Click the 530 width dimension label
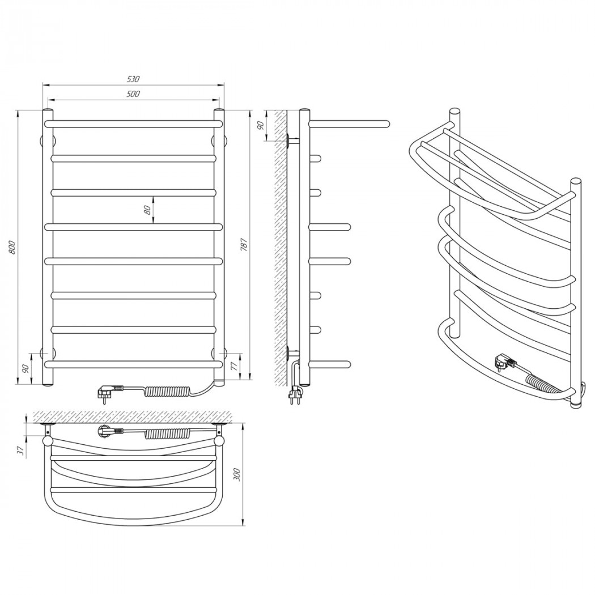(x=134, y=79)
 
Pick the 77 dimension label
(x=233, y=366)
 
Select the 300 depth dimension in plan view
(x=237, y=475)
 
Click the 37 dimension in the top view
(x=22, y=450)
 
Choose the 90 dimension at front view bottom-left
(x=26, y=369)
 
